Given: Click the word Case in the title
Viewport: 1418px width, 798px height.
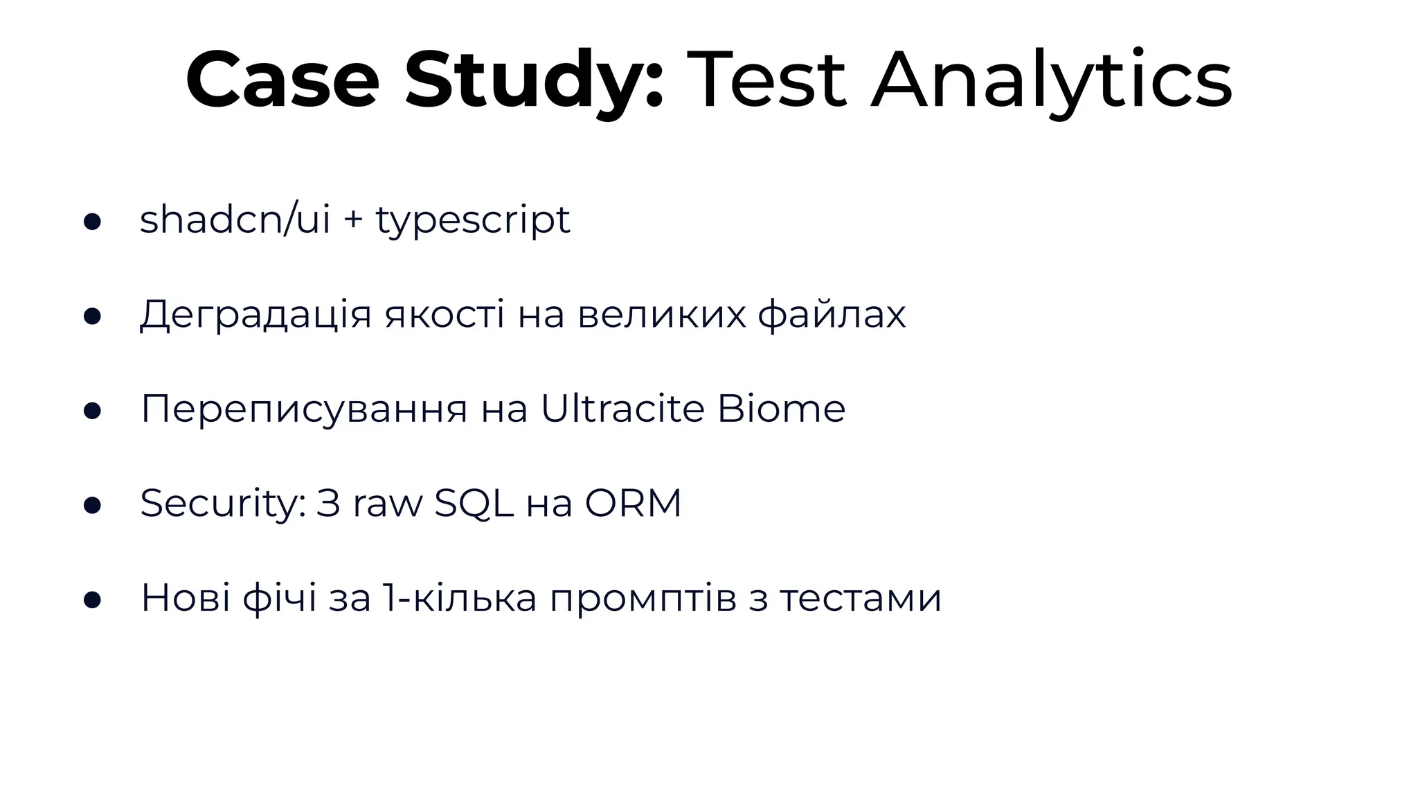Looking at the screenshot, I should click(282, 80).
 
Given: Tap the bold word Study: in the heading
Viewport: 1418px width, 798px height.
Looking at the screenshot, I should click(535, 82).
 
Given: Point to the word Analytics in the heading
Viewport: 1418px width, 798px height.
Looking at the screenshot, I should click(1051, 82).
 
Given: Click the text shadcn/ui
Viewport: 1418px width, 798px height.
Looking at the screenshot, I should click(235, 220).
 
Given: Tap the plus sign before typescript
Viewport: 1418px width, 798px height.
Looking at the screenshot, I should click(353, 221).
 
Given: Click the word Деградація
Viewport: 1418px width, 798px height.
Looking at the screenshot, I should click(255, 315).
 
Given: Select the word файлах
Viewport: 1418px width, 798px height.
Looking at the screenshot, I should click(832, 315).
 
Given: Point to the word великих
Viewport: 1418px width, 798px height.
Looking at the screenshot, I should click(662, 315).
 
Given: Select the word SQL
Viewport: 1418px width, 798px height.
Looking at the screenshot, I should click(474, 504).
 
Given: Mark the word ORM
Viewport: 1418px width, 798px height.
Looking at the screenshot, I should click(633, 504).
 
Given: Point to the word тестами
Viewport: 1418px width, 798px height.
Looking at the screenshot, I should click(860, 598).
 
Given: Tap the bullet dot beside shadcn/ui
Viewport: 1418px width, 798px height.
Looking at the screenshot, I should click(92, 222).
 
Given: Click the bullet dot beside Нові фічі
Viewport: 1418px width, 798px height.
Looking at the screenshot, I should click(92, 600).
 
